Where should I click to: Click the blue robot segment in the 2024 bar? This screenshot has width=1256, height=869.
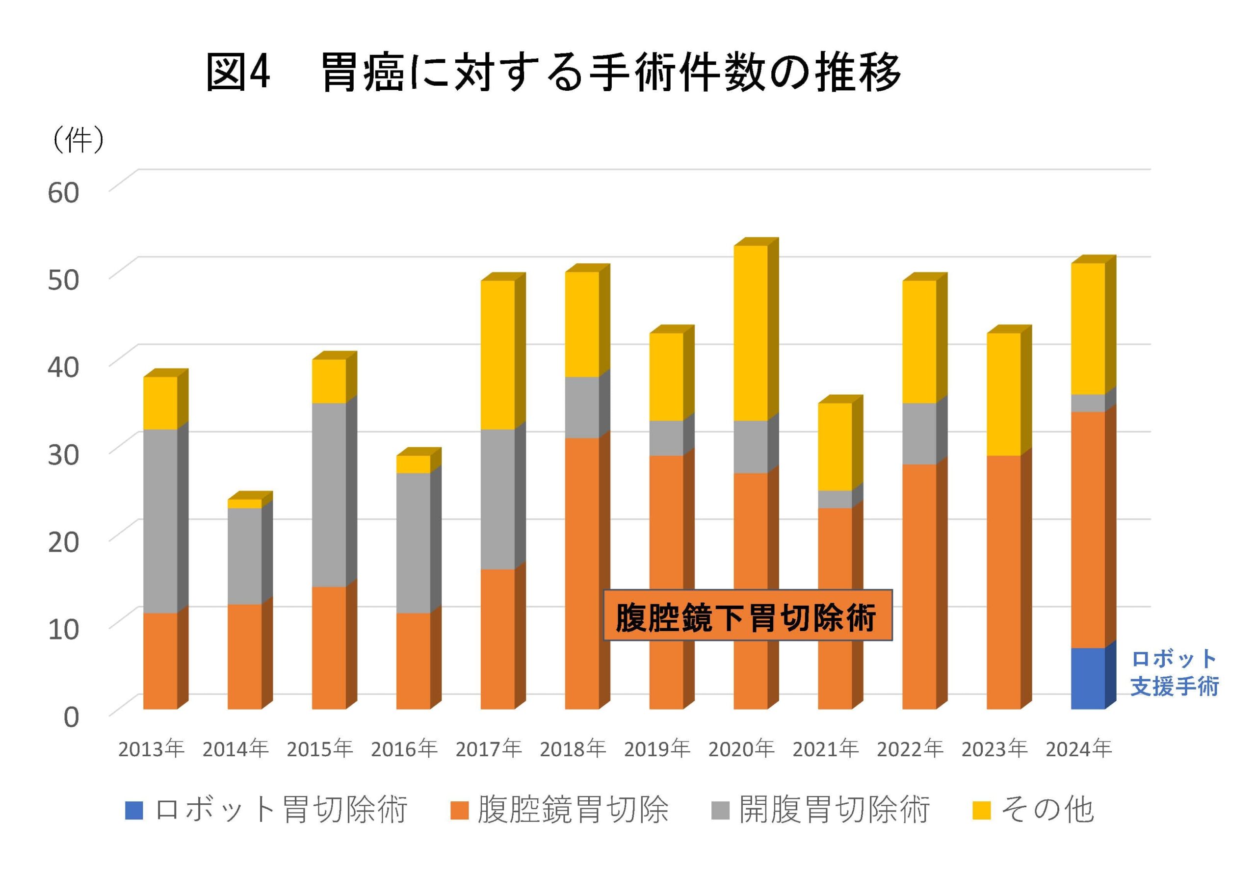(x=1088, y=678)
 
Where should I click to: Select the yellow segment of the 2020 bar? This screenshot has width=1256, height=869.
(x=751, y=332)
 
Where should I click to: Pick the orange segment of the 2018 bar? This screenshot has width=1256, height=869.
(x=582, y=573)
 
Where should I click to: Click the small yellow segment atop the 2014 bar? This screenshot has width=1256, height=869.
(x=244, y=504)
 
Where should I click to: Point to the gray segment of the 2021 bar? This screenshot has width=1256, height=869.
(x=835, y=499)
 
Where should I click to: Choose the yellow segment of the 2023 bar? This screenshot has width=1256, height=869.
(x=1003, y=394)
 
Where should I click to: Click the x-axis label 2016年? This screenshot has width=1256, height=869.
(x=404, y=749)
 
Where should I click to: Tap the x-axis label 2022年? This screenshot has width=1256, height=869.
(x=910, y=749)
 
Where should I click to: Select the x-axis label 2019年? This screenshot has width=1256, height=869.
(x=657, y=749)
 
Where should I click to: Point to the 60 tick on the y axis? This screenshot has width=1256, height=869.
(x=63, y=193)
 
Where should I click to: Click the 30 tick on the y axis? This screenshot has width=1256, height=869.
(x=63, y=454)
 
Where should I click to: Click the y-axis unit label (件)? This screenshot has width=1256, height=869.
(x=78, y=140)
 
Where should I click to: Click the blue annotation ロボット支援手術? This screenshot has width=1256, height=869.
(x=1174, y=672)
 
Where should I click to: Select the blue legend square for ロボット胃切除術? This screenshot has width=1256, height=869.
(x=134, y=810)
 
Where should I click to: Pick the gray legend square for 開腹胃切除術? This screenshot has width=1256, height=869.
(x=721, y=810)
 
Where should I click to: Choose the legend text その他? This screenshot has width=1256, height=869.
(x=1047, y=810)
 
